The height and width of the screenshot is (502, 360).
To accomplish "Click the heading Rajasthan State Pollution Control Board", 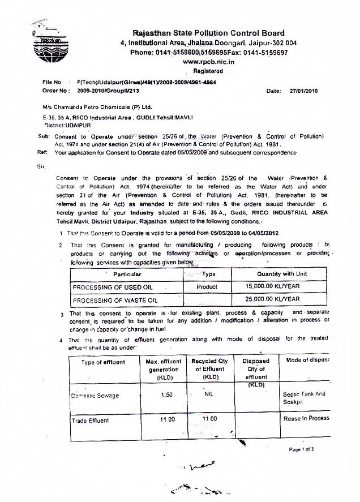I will pos(208,33).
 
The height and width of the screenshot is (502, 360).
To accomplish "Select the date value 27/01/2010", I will pos(305,91).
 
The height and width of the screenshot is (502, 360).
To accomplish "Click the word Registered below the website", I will pos(208,71).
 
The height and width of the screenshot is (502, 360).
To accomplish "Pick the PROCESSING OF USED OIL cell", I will pos(113,287).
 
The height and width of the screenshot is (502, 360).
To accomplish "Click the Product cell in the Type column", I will pos(207,287).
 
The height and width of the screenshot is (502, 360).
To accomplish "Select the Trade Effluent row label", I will pos(91,420).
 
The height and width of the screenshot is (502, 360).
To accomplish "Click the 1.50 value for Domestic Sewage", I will pos(166,394).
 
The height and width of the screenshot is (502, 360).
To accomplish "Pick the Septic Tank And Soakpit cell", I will pos(304,398).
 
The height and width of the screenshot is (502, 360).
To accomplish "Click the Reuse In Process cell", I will pos(306,419).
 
